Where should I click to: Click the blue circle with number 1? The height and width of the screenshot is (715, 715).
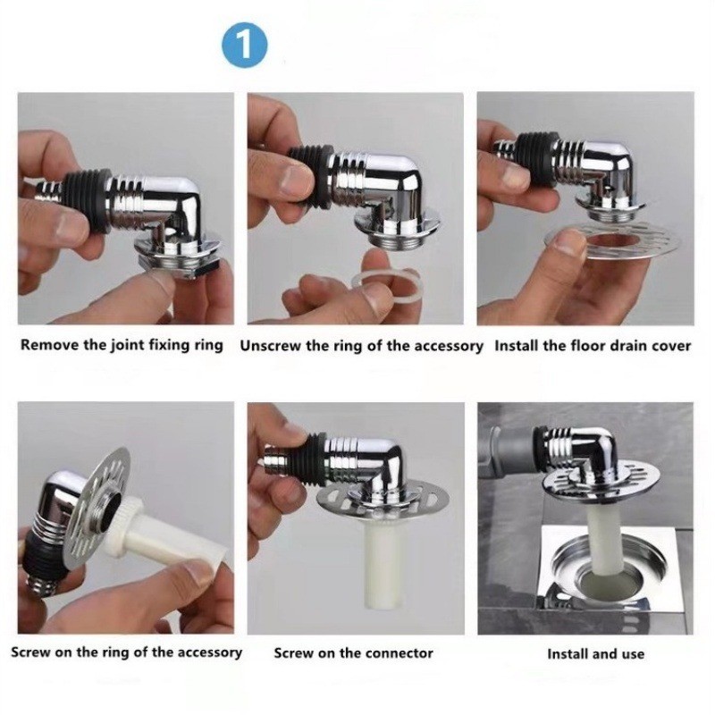244,45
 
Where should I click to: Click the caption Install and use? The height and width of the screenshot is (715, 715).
596,654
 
